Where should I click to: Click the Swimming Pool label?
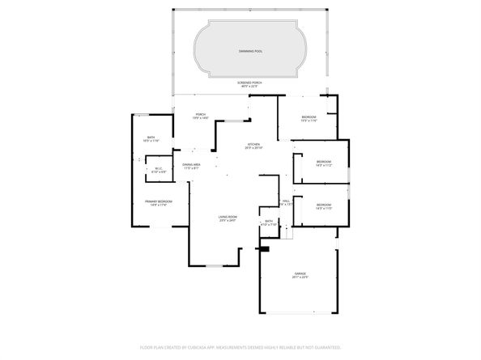(x=250, y=51)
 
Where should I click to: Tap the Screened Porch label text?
(x=249, y=83)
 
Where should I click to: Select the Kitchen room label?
(x=254, y=145)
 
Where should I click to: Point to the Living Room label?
(x=227, y=216)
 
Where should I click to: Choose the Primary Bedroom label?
(x=158, y=201)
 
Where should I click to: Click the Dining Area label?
(x=191, y=165)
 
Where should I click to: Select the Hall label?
(x=287, y=201)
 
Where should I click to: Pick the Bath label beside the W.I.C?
(x=151, y=138)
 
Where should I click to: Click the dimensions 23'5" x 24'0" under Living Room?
(x=227, y=220)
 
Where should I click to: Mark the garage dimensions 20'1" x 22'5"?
(x=300, y=280)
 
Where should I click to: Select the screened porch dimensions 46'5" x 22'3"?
(x=249, y=87)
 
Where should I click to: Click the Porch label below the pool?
(x=200, y=115)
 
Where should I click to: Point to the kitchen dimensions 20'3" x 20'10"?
(x=254, y=149)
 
